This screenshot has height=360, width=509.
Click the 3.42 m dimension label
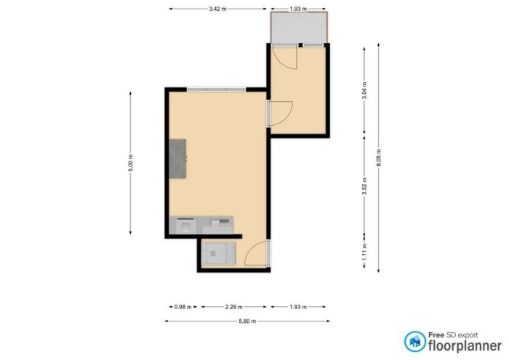tap(215, 9)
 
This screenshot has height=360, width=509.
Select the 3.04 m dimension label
tap(364, 91)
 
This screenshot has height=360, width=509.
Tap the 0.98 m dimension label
tap(183, 306)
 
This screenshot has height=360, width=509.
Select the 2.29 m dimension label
tap(233, 306)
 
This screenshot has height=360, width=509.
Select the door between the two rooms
tap(279, 111)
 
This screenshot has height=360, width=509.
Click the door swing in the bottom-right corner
tap(257, 255)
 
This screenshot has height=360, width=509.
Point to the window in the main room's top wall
tap(216, 89)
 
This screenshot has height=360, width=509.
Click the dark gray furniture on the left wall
tap(177, 159)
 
